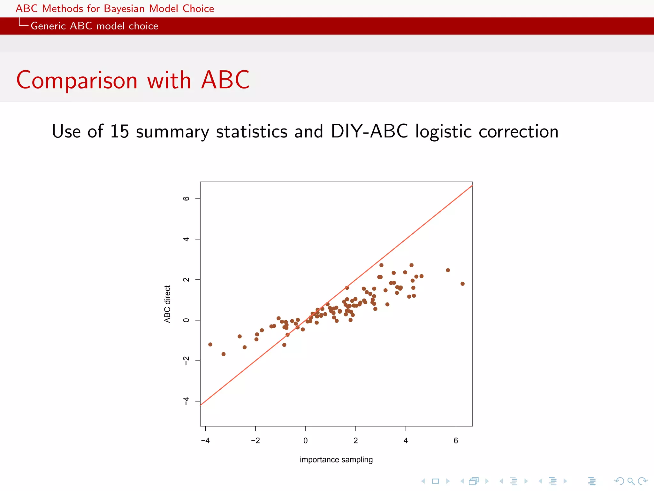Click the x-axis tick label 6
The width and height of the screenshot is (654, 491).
click(x=456, y=440)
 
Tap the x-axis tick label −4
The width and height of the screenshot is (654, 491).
click(x=205, y=440)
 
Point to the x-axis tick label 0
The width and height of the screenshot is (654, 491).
click(x=306, y=440)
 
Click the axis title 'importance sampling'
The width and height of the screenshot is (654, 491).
click(x=336, y=460)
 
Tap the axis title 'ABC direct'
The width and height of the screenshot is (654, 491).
click(x=167, y=304)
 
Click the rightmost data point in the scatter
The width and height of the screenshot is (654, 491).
click(x=462, y=284)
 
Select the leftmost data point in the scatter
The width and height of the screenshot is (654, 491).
click(x=210, y=345)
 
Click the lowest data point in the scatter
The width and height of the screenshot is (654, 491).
click(x=224, y=354)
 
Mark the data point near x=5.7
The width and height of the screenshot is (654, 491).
click(x=448, y=270)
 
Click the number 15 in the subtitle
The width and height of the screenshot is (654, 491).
click(x=119, y=131)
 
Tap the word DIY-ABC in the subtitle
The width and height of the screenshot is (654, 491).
click(x=369, y=131)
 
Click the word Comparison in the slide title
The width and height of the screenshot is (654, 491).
click(x=77, y=80)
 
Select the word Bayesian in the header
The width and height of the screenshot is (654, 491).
click(x=124, y=9)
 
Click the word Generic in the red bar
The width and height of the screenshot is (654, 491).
click(x=48, y=26)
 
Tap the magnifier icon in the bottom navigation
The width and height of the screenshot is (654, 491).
click(x=631, y=481)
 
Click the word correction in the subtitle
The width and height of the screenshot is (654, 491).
click(x=519, y=131)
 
